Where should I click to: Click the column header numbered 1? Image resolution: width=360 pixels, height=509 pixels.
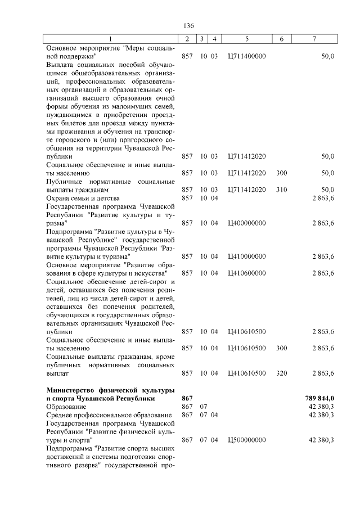point(111,39)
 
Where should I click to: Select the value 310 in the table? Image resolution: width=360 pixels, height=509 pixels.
point(281,190)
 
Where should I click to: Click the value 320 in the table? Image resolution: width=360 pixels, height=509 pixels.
point(281,373)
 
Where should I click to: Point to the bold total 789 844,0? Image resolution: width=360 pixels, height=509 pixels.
point(319,398)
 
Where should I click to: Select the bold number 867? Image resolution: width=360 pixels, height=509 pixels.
point(187,398)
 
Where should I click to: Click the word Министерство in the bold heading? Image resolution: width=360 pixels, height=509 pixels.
point(72,390)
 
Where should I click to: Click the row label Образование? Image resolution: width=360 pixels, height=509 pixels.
point(66,406)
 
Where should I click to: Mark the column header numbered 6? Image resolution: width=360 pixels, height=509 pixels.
point(281,39)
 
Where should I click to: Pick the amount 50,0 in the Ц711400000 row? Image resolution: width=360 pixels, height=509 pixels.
point(327,56)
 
